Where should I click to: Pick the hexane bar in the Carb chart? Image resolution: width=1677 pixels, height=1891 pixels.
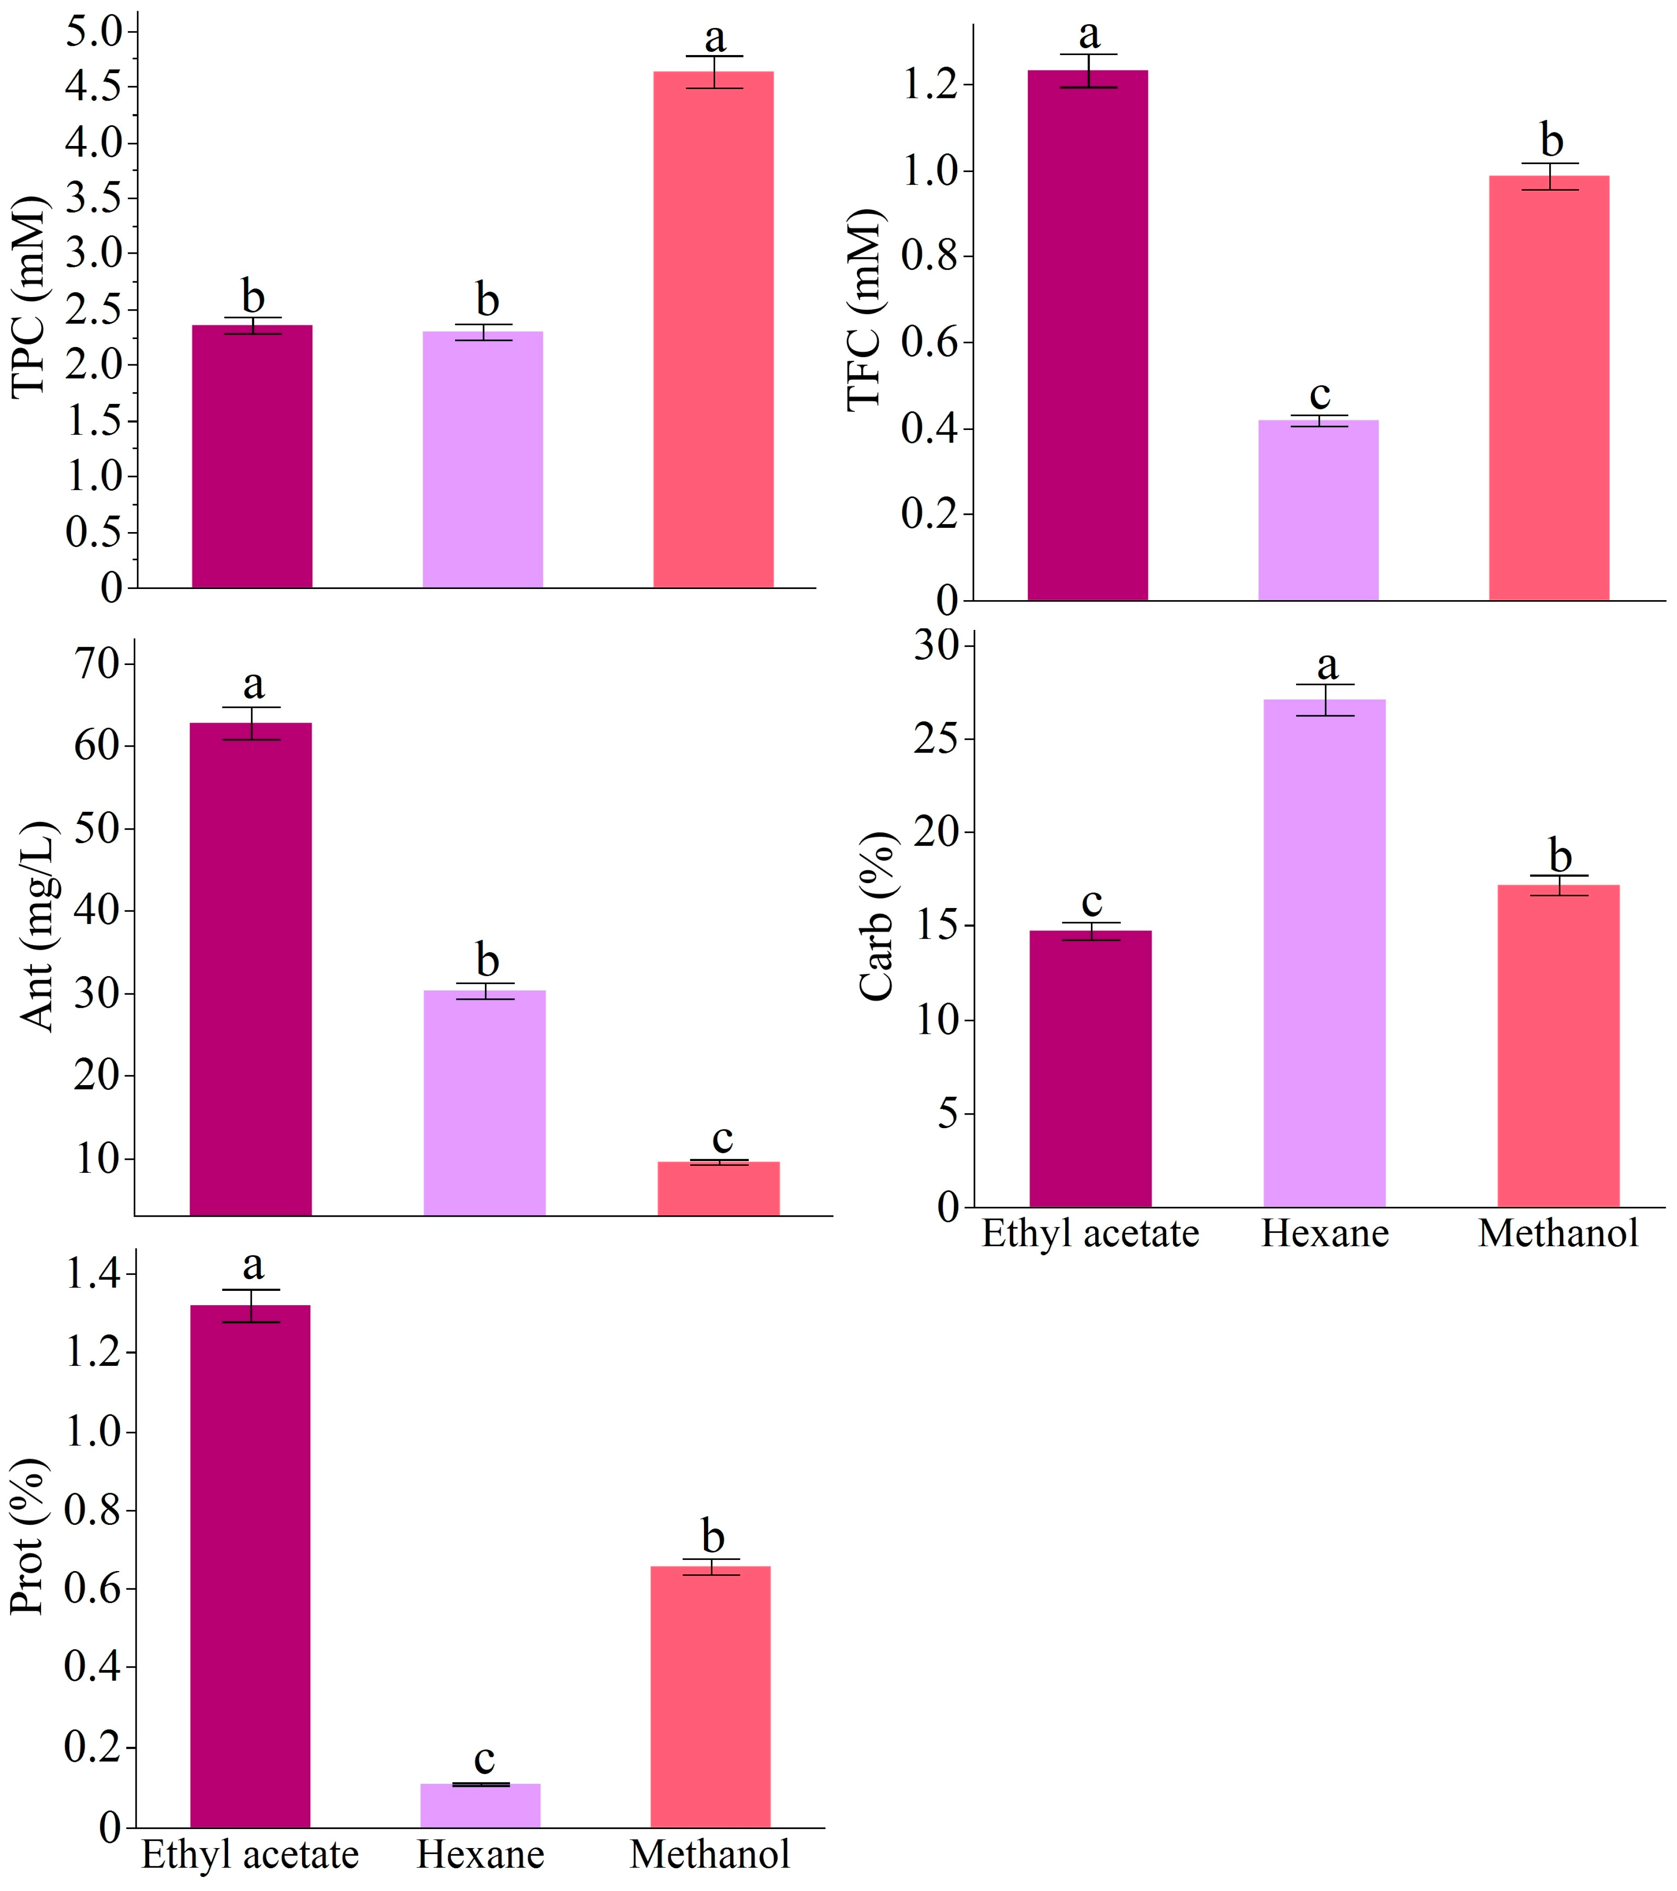tap(1325, 953)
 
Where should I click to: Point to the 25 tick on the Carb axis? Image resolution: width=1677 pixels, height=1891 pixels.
tap(936, 739)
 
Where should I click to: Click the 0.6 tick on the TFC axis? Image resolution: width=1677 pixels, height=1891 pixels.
tap(931, 342)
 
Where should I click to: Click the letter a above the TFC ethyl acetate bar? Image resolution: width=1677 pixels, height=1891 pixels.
tap(1090, 35)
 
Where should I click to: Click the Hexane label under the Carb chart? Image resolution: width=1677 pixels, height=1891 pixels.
tap(1325, 1233)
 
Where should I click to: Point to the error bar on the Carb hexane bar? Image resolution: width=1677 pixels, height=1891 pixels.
tap(1325, 700)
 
